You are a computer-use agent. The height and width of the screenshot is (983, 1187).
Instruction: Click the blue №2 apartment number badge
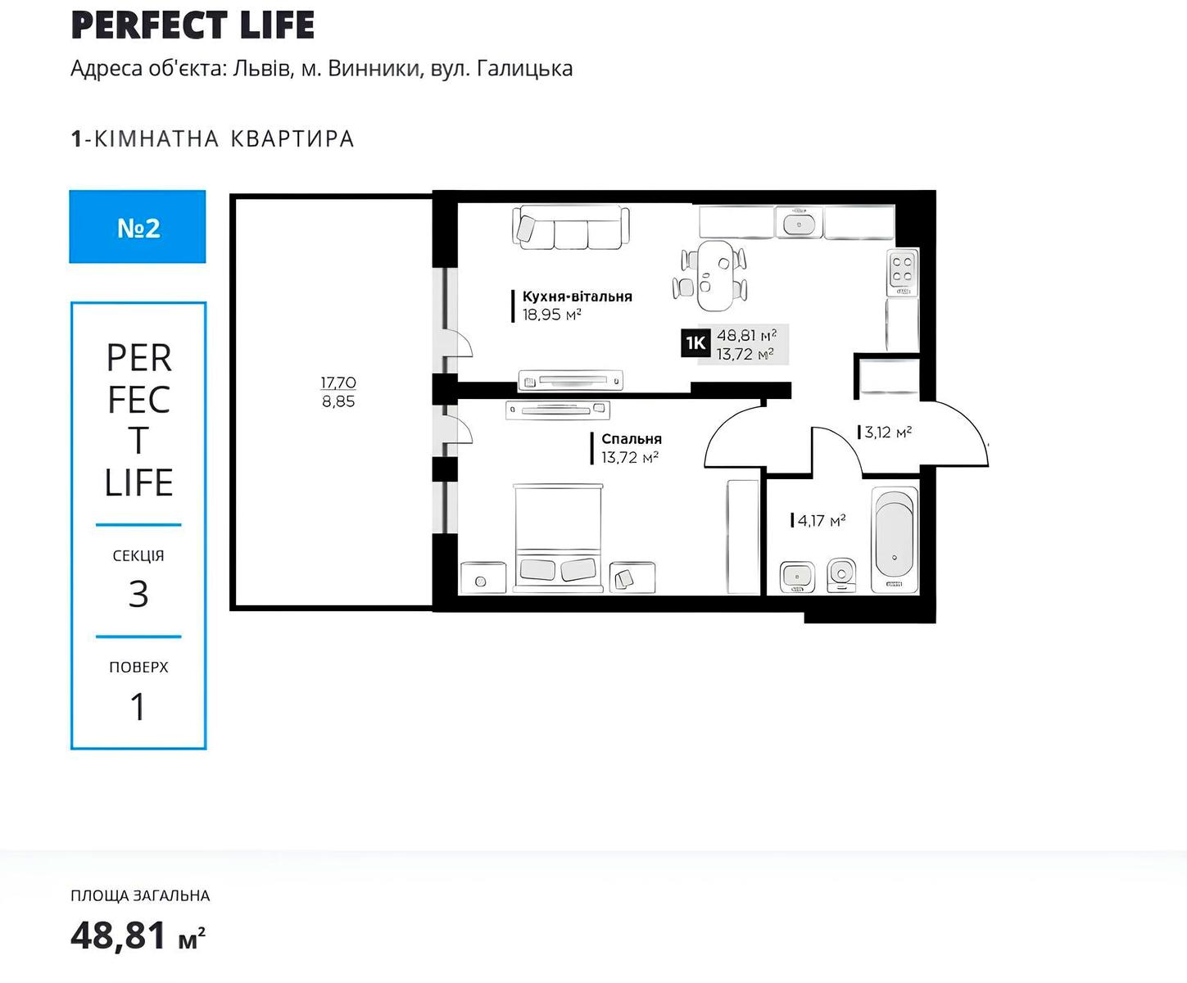point(138,227)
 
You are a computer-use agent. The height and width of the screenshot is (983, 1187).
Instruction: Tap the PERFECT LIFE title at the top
point(193,25)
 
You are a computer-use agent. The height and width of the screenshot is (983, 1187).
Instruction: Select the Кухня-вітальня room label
point(577,297)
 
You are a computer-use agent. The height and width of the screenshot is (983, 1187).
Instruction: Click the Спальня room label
point(632,439)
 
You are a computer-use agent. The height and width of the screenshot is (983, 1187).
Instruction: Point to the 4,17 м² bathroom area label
point(822,520)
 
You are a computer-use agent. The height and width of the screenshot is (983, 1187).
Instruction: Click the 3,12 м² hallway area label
point(888,432)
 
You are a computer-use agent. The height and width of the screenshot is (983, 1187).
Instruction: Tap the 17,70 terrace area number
point(338,382)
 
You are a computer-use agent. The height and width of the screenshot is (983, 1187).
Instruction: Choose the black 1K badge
point(695,343)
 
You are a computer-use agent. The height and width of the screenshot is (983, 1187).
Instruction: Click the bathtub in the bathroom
point(895,538)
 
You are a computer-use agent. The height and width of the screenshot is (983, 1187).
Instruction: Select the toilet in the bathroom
point(841,575)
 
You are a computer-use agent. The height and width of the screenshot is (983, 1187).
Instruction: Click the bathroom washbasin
point(797,577)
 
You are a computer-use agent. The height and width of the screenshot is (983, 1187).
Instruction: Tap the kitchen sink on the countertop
point(800,222)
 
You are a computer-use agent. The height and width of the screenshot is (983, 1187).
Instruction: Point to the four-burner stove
point(902,272)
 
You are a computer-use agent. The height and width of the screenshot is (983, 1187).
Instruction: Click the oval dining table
point(715,276)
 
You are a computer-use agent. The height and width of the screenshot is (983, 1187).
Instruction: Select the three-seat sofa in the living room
point(571,228)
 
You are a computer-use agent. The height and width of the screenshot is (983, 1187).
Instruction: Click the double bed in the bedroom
point(558,537)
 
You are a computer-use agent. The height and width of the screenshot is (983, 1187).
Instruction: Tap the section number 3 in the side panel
point(138,594)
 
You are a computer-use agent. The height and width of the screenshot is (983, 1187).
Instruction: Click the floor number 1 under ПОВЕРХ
point(138,707)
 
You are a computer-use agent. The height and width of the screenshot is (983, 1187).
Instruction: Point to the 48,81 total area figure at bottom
point(118,935)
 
